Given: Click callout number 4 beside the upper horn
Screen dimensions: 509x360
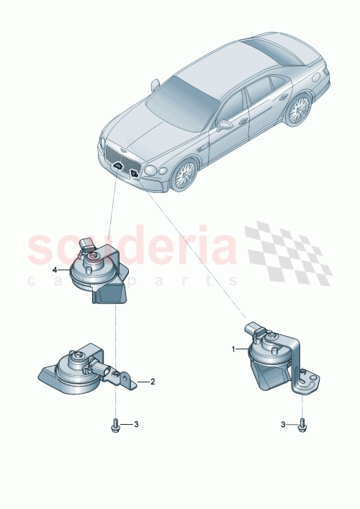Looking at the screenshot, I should [55, 269].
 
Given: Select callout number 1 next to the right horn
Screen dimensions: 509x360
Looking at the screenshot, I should [233, 348].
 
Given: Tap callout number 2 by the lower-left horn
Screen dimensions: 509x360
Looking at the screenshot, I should [153, 382].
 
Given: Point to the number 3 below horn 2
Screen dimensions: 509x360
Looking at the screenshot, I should [136, 424].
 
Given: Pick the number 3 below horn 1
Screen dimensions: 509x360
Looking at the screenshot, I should [283, 425].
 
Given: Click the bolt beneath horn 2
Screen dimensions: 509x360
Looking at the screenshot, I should [115, 425].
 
